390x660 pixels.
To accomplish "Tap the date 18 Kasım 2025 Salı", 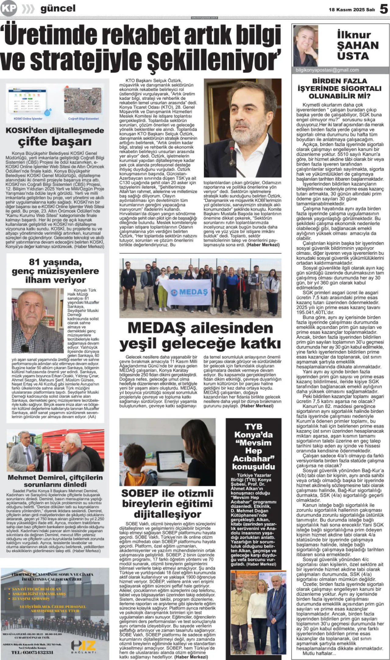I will (x=352, y=10).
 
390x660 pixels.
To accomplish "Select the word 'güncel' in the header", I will (x=58, y=9).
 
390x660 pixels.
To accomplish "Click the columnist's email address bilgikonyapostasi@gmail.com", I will (x=327, y=70).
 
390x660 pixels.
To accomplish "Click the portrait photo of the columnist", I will (x=306, y=45).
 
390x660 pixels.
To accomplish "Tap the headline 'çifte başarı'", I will (x=55, y=142).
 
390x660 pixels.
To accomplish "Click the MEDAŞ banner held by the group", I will (x=186, y=292).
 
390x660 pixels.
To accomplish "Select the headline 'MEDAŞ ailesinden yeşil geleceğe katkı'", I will (x=200, y=335).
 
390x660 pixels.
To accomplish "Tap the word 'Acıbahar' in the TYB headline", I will (x=253, y=458).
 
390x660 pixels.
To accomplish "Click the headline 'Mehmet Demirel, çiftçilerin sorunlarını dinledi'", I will (x=55, y=481).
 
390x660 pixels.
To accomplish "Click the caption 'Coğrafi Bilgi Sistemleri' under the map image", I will (x=83, y=118).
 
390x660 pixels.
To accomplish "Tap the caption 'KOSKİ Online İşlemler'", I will (x=28, y=118).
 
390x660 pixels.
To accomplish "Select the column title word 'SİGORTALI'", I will (x=361, y=89).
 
